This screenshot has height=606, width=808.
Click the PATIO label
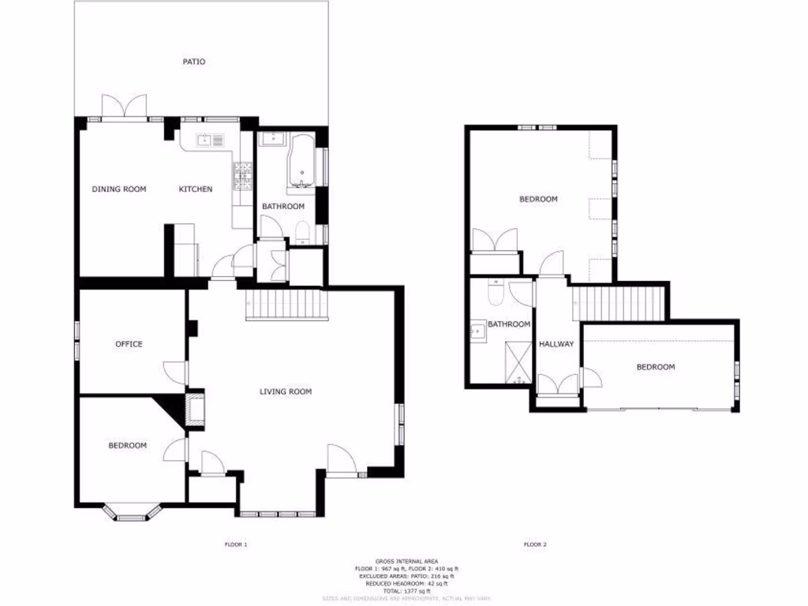pyautogui.click(x=194, y=62)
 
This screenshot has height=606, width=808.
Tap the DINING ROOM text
pyautogui.click(x=119, y=189)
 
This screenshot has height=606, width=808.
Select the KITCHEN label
pyautogui.click(x=195, y=189)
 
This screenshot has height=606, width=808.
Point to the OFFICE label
pyautogui.click(x=129, y=344)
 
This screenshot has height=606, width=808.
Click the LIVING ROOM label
pyautogui.click(x=286, y=391)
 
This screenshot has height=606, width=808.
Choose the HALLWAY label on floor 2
pyautogui.click(x=555, y=345)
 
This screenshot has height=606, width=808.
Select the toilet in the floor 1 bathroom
pyautogui.click(x=301, y=231)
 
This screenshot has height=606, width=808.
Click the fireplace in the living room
pyautogui.click(x=195, y=409)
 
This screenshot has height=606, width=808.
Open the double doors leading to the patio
pyautogui.click(x=125, y=108)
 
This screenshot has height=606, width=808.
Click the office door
pyautogui.click(x=175, y=373)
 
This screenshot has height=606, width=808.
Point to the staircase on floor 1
pyautogui.click(x=285, y=305)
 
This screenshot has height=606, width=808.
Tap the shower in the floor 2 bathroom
pyautogui.click(x=518, y=361)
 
